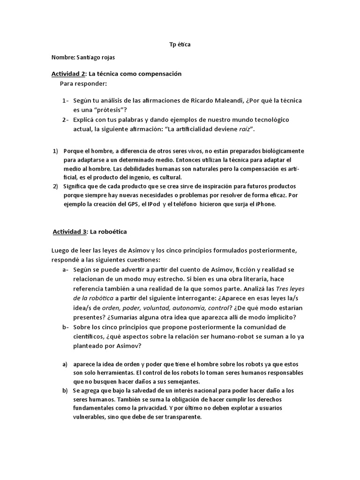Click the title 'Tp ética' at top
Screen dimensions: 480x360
click(x=180, y=45)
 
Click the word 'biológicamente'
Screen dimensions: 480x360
click(x=281, y=151)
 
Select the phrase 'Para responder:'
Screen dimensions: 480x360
click(x=83, y=83)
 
